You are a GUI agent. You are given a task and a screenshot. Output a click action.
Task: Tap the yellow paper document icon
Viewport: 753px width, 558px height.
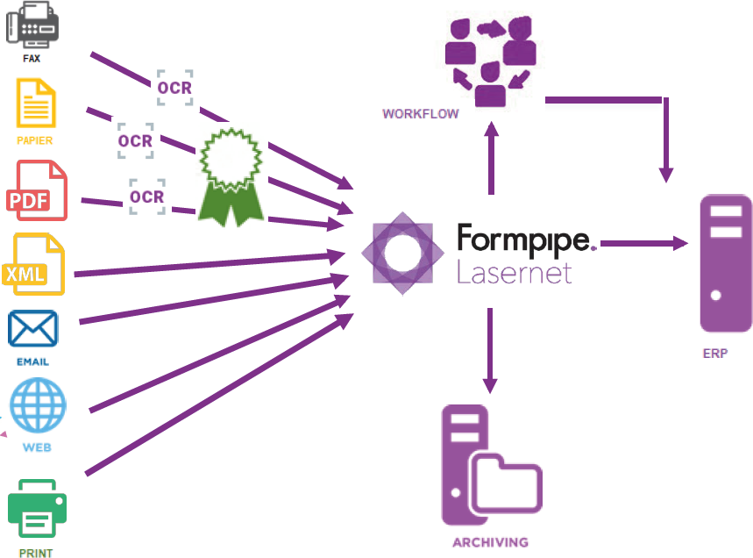(35, 103)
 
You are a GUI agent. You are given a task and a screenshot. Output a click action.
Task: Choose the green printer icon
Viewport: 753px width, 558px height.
(36, 510)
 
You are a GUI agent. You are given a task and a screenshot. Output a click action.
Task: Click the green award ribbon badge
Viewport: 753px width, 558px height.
(231, 175)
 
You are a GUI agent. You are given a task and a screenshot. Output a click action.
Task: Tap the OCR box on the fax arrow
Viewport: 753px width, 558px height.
(174, 88)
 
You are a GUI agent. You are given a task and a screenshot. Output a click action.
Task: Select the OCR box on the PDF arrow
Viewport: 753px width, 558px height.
(146, 197)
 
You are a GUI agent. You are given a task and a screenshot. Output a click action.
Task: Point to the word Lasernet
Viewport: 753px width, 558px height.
(514, 272)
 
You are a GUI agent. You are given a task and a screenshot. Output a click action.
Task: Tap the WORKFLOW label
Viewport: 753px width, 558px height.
(420, 114)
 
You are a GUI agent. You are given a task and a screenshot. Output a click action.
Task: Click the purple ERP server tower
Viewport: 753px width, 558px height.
(725, 263)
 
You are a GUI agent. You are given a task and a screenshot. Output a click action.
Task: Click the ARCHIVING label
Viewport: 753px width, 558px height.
(490, 542)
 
